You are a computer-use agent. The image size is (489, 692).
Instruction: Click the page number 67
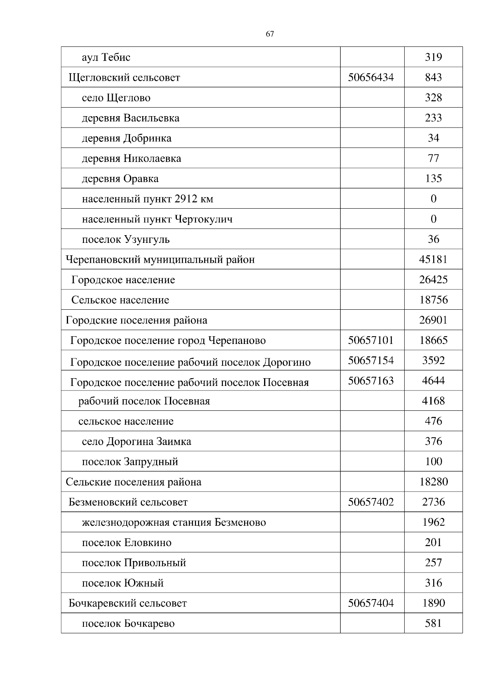tap(270, 34)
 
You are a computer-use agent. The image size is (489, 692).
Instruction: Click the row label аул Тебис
tap(106, 57)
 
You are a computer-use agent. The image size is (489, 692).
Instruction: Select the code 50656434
tap(371, 77)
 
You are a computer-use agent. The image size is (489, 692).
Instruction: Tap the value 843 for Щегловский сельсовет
tap(433, 77)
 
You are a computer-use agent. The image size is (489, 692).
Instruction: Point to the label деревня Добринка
tap(126, 138)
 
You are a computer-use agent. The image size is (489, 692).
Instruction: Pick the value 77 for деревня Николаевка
tap(433, 158)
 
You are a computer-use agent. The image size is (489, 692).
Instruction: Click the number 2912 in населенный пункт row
tap(186, 199)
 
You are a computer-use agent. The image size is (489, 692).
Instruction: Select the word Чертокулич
tap(203, 219)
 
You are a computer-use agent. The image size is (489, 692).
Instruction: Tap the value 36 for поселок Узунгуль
tap(433, 239)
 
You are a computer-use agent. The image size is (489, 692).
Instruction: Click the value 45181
tap(433, 259)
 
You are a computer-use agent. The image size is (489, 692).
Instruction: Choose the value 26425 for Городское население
tap(433, 280)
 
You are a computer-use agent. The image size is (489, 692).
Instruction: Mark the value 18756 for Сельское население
tap(433, 300)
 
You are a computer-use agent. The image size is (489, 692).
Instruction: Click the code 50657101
tap(371, 340)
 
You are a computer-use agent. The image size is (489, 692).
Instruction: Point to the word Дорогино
tap(286, 362)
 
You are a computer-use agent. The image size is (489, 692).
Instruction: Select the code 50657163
tap(371, 381)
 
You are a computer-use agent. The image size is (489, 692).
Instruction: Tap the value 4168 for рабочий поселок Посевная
tap(433, 401)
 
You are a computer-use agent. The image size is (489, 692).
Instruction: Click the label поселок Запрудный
tap(130, 462)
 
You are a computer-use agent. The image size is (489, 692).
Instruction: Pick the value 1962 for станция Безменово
tap(433, 522)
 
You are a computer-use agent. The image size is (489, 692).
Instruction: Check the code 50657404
tap(371, 603)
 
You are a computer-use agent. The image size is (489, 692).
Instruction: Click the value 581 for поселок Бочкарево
tap(433, 623)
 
